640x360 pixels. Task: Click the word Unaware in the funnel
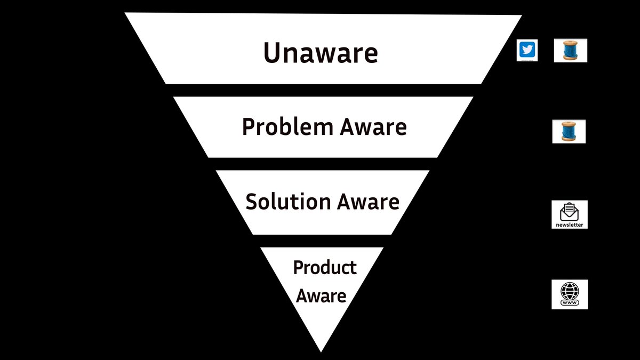click(321, 53)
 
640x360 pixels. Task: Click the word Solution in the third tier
click(288, 202)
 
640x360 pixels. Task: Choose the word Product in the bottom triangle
click(325, 267)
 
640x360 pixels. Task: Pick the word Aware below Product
click(321, 295)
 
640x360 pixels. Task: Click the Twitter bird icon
click(527, 51)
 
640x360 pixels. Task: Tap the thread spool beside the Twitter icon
click(570, 51)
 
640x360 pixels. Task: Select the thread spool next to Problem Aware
click(569, 131)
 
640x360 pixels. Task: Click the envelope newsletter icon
click(570, 212)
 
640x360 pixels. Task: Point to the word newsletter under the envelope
click(570, 225)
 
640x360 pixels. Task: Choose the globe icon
click(570, 291)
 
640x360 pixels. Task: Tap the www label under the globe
click(570, 303)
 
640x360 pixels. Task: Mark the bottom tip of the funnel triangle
click(321, 350)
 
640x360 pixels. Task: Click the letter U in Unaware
click(273, 53)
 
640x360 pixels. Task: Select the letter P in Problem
click(249, 127)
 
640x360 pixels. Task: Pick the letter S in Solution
click(252, 202)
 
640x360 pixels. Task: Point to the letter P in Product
click(299, 267)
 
